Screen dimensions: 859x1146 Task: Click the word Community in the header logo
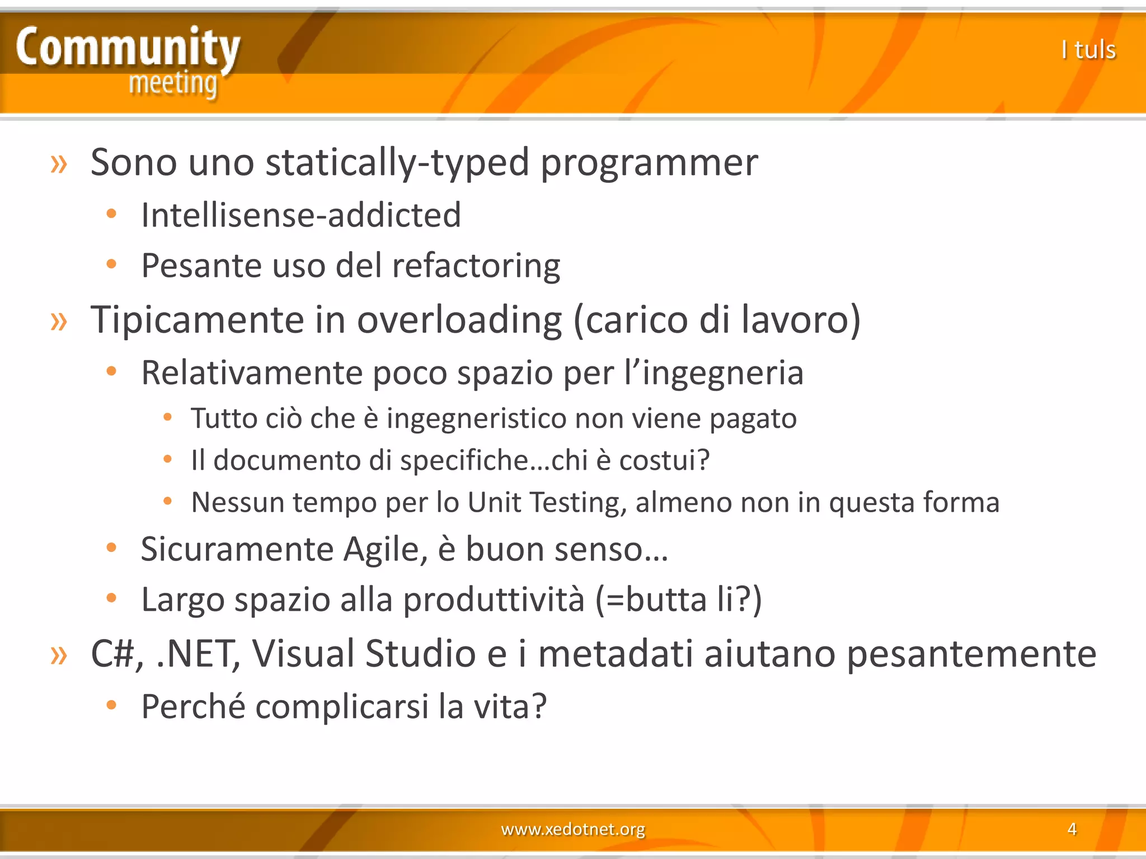(x=128, y=48)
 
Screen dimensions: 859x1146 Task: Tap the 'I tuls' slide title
(x=1088, y=50)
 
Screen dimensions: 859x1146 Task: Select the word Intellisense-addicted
(x=301, y=215)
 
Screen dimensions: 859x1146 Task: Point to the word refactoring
(x=476, y=266)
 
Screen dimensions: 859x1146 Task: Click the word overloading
(x=459, y=320)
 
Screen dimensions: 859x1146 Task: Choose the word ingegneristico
(x=476, y=418)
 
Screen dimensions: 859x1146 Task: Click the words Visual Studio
(x=363, y=653)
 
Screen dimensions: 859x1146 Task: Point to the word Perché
(x=193, y=706)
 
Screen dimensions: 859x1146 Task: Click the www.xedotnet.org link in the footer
(x=572, y=829)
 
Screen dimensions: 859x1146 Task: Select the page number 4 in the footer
(x=1072, y=829)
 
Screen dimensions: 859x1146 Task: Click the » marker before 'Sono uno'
(x=59, y=164)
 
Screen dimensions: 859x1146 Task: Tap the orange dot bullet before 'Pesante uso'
(x=111, y=264)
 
